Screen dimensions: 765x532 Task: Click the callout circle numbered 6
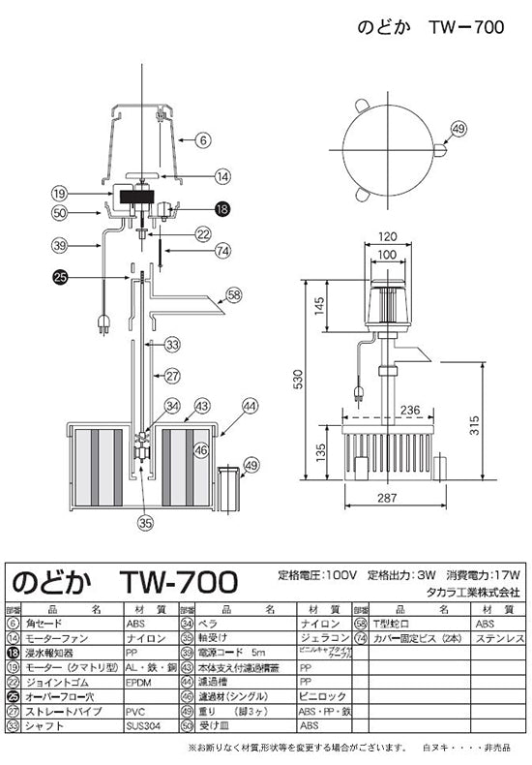point(203,139)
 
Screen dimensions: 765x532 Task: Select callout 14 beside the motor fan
point(222,176)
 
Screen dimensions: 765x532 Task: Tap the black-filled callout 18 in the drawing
point(222,208)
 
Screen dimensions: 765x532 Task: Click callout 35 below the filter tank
point(144,523)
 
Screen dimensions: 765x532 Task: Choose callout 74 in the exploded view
point(224,250)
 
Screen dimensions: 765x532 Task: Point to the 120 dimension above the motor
point(388,235)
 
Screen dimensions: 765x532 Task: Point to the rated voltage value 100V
point(344,574)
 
